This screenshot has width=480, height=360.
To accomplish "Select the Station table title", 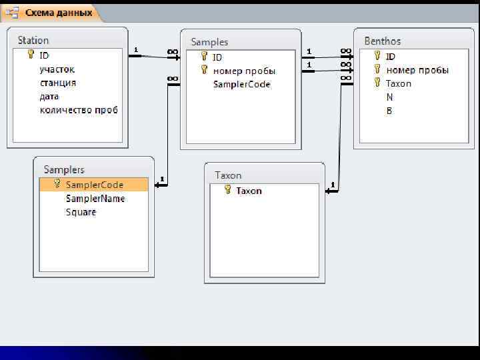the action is tap(33, 41).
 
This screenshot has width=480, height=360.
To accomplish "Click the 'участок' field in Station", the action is tap(57, 69).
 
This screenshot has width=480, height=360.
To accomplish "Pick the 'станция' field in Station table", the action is tap(58, 83).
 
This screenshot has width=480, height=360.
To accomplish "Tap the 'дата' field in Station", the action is tap(49, 97).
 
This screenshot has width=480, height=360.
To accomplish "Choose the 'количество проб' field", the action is tap(79, 110).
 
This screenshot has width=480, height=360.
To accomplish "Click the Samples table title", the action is tap(209, 42).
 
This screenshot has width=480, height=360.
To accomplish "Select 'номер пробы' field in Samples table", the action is tap(244, 71).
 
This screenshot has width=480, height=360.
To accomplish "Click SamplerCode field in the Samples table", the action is tap(242, 85).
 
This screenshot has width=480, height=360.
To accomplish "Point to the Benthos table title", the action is tap(383, 41).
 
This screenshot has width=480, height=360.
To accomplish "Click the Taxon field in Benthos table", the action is tap(399, 83).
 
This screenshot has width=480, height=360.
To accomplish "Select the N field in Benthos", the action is tap(389, 97).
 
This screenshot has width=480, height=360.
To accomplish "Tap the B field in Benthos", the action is tap(389, 111).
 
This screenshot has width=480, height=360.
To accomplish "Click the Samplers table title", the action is tap(64, 170).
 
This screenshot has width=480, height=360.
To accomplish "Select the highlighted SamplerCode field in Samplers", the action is tap(94, 185).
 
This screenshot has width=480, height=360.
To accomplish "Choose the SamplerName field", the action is tap(95, 199).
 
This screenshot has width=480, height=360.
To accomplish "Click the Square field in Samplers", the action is tap(81, 212).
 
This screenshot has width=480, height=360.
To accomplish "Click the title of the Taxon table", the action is tap(228, 175).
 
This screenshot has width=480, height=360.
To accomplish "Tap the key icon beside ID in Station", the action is tap(31, 55).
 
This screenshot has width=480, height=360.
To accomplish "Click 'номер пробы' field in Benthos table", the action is tap(417, 70).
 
